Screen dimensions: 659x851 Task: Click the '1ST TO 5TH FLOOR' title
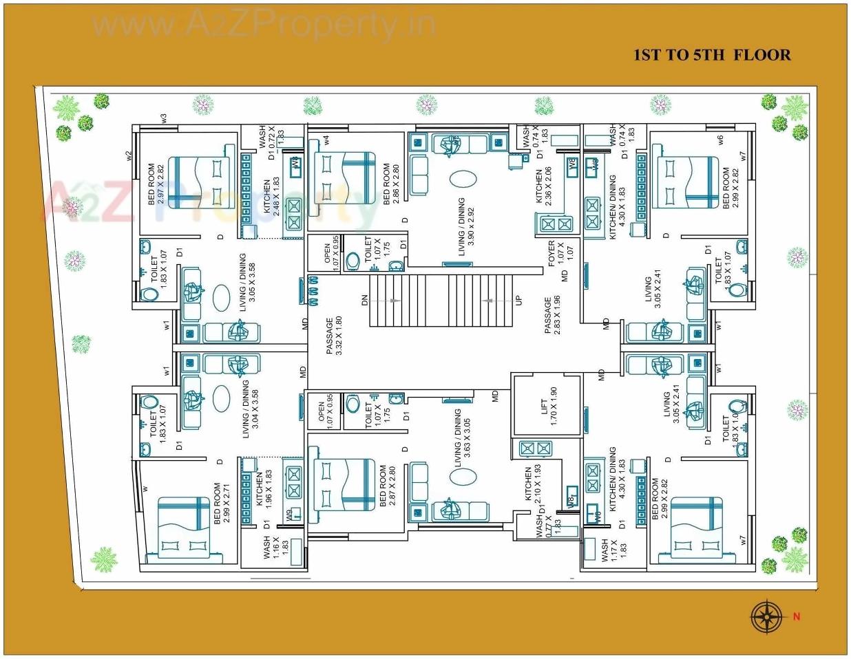[712, 55]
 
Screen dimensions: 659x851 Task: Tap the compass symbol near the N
[766, 616]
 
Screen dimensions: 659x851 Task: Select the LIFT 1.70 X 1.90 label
[548, 407]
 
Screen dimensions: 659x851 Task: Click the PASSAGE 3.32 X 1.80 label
[334, 336]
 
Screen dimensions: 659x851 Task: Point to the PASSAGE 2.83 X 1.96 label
[552, 315]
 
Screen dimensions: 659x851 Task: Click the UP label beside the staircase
[519, 301]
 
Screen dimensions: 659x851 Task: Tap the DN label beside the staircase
[365, 301]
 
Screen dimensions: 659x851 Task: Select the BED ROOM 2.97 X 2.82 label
[156, 184]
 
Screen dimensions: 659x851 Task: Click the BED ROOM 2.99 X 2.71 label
[222, 503]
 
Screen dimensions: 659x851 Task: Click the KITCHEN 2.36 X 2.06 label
[544, 186]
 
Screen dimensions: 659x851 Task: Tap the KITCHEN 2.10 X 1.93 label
[534, 484]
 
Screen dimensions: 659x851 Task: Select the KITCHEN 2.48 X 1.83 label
[272, 197]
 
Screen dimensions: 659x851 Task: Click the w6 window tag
[721, 139]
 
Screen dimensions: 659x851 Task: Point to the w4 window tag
[326, 140]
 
